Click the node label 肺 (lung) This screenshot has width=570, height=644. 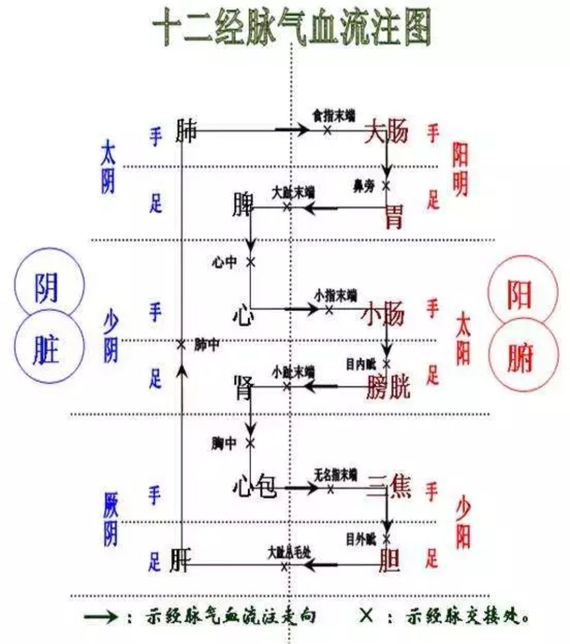(x=186, y=132)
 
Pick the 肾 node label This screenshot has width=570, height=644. (x=243, y=387)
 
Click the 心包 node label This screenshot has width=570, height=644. (x=254, y=486)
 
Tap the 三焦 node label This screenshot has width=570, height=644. (x=389, y=486)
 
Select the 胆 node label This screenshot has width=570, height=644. (x=391, y=561)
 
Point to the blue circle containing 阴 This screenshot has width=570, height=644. (x=49, y=287)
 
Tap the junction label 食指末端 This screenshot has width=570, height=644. (x=334, y=115)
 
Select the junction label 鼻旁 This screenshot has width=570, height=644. (x=364, y=186)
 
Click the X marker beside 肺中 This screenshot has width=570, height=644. (x=181, y=345)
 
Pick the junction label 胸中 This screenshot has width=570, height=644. (x=223, y=443)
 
